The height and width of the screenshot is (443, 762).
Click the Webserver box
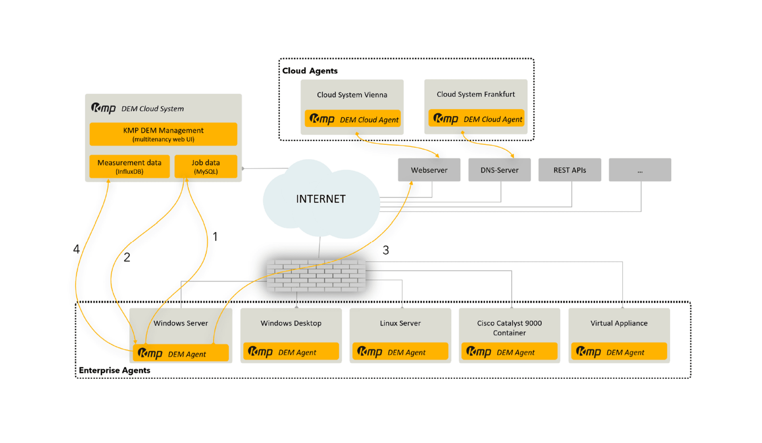coord(429,170)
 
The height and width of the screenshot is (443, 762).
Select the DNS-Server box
coord(499,170)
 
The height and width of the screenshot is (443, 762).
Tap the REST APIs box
coord(570,170)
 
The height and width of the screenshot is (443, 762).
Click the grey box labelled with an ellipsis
coord(640,170)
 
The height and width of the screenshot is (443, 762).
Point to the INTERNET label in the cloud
coord(321,199)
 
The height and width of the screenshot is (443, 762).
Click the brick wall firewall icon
coord(316,276)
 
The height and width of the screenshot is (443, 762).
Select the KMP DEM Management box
coord(163,134)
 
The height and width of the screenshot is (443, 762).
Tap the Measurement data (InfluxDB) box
coord(129,167)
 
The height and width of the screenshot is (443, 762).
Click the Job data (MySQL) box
coord(206,167)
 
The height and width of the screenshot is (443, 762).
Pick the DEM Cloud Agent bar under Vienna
coord(352,119)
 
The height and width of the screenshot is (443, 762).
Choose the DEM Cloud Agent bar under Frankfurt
coord(476,119)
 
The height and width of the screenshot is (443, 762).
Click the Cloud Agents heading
coord(310,71)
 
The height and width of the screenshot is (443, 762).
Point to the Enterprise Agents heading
coord(114,370)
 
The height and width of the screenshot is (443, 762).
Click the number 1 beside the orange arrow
coord(215,237)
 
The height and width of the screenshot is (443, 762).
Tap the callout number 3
coord(385,250)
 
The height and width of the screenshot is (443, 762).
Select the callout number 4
coord(77,249)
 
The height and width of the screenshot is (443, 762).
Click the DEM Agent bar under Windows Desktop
coord(291,352)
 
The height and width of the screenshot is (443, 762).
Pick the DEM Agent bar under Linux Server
coord(400,352)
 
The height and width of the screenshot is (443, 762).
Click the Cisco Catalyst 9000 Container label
coord(509,328)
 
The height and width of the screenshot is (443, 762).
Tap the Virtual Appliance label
coord(619,323)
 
